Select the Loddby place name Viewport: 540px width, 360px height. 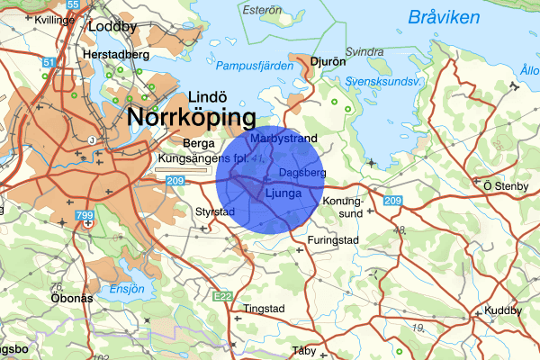pyautogui.click(x=112, y=27)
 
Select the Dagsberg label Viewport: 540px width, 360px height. pyautogui.click(x=301, y=172)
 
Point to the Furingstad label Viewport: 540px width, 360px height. pyautogui.click(x=333, y=241)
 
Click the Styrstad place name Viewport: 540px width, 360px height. pyautogui.click(x=215, y=212)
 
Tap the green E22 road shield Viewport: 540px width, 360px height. pyautogui.click(x=222, y=295)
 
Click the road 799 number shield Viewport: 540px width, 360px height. pyautogui.click(x=85, y=216)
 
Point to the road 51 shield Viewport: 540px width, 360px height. pyautogui.click(x=49, y=62)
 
